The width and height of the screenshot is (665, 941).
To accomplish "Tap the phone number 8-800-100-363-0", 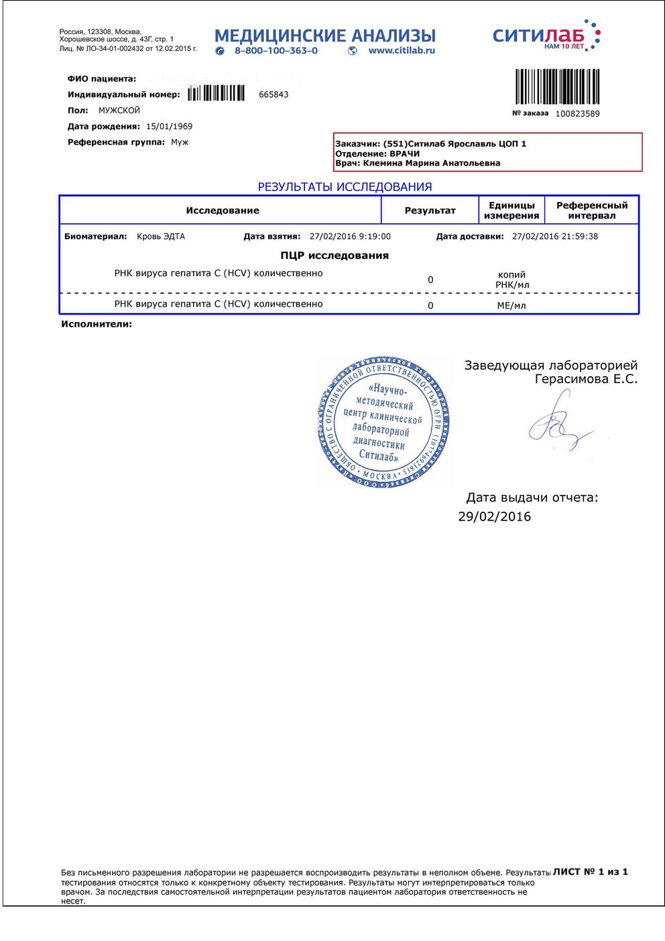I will [x=276, y=51].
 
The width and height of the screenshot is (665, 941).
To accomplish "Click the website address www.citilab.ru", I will [x=401, y=51].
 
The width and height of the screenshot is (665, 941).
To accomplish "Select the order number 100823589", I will [x=577, y=114].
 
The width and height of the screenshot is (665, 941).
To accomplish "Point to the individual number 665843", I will [x=274, y=95].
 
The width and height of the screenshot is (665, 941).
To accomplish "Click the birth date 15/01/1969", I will [x=169, y=126].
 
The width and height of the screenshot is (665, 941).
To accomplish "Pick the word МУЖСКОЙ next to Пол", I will [x=119, y=111].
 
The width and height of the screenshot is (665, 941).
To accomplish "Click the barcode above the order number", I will [x=557, y=87].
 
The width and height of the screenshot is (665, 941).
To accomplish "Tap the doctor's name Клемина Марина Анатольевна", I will [x=431, y=163].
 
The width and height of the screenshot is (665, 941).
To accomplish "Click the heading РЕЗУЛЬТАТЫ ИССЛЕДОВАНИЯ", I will [x=345, y=187].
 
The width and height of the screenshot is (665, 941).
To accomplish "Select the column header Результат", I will [x=430, y=211].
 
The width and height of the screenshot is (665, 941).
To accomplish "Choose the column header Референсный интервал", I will [x=591, y=211].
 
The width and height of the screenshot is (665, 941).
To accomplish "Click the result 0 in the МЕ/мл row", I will [x=430, y=306].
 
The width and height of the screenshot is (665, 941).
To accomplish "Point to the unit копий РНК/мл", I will [x=511, y=280].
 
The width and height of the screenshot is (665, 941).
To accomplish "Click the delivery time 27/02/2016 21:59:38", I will [x=554, y=237].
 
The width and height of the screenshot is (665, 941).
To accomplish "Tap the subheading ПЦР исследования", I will [x=335, y=256].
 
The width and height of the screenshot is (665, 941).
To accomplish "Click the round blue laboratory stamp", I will [x=383, y=422].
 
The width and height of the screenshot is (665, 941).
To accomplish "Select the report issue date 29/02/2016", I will [x=494, y=516].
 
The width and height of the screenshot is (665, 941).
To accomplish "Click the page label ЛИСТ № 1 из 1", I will [x=590, y=872].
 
